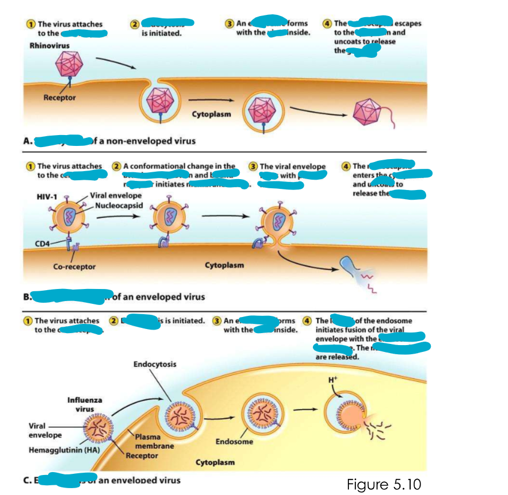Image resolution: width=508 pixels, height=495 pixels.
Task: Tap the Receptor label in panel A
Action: click(59, 98)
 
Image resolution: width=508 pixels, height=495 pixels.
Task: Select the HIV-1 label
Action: click(47, 197)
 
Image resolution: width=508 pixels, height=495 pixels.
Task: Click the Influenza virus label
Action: click(85, 405)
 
